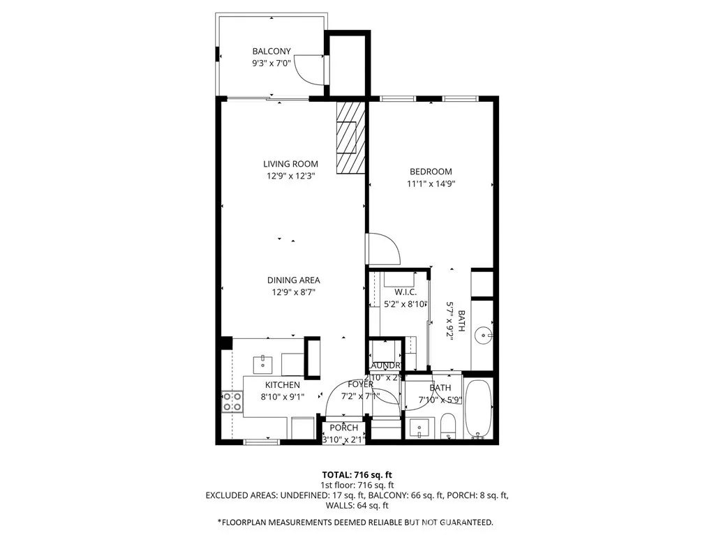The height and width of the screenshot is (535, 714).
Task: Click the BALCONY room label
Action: click(x=272, y=51)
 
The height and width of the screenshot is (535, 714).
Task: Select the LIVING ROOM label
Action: click(x=290, y=164)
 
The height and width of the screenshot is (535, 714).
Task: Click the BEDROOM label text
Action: click(x=431, y=172)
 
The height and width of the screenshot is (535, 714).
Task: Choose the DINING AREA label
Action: click(x=293, y=280)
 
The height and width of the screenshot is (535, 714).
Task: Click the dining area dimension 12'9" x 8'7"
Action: click(x=293, y=293)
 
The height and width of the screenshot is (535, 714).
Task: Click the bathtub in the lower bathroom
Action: click(x=479, y=409)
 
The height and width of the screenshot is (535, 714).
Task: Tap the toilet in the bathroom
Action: click(x=449, y=425)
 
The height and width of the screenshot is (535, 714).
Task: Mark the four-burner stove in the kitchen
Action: click(x=232, y=401)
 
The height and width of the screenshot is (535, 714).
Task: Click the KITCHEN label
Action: click(x=282, y=385)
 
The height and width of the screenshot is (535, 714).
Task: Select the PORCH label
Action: click(x=343, y=428)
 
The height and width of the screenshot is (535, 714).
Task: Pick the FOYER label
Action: click(x=361, y=384)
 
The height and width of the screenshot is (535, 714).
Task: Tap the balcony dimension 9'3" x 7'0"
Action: click(x=272, y=63)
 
